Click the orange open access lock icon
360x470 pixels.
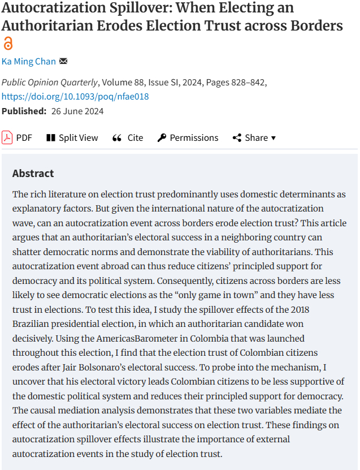click(8, 44)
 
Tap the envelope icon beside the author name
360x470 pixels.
click(63, 61)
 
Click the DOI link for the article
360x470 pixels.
click(75, 96)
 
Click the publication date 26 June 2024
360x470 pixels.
click(77, 111)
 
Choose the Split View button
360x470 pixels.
click(72, 137)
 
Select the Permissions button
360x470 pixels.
click(188, 137)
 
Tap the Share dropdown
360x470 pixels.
click(254, 137)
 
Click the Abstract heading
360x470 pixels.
click(33, 173)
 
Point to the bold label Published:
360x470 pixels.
click(24, 111)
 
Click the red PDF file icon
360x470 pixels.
click(7, 137)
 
